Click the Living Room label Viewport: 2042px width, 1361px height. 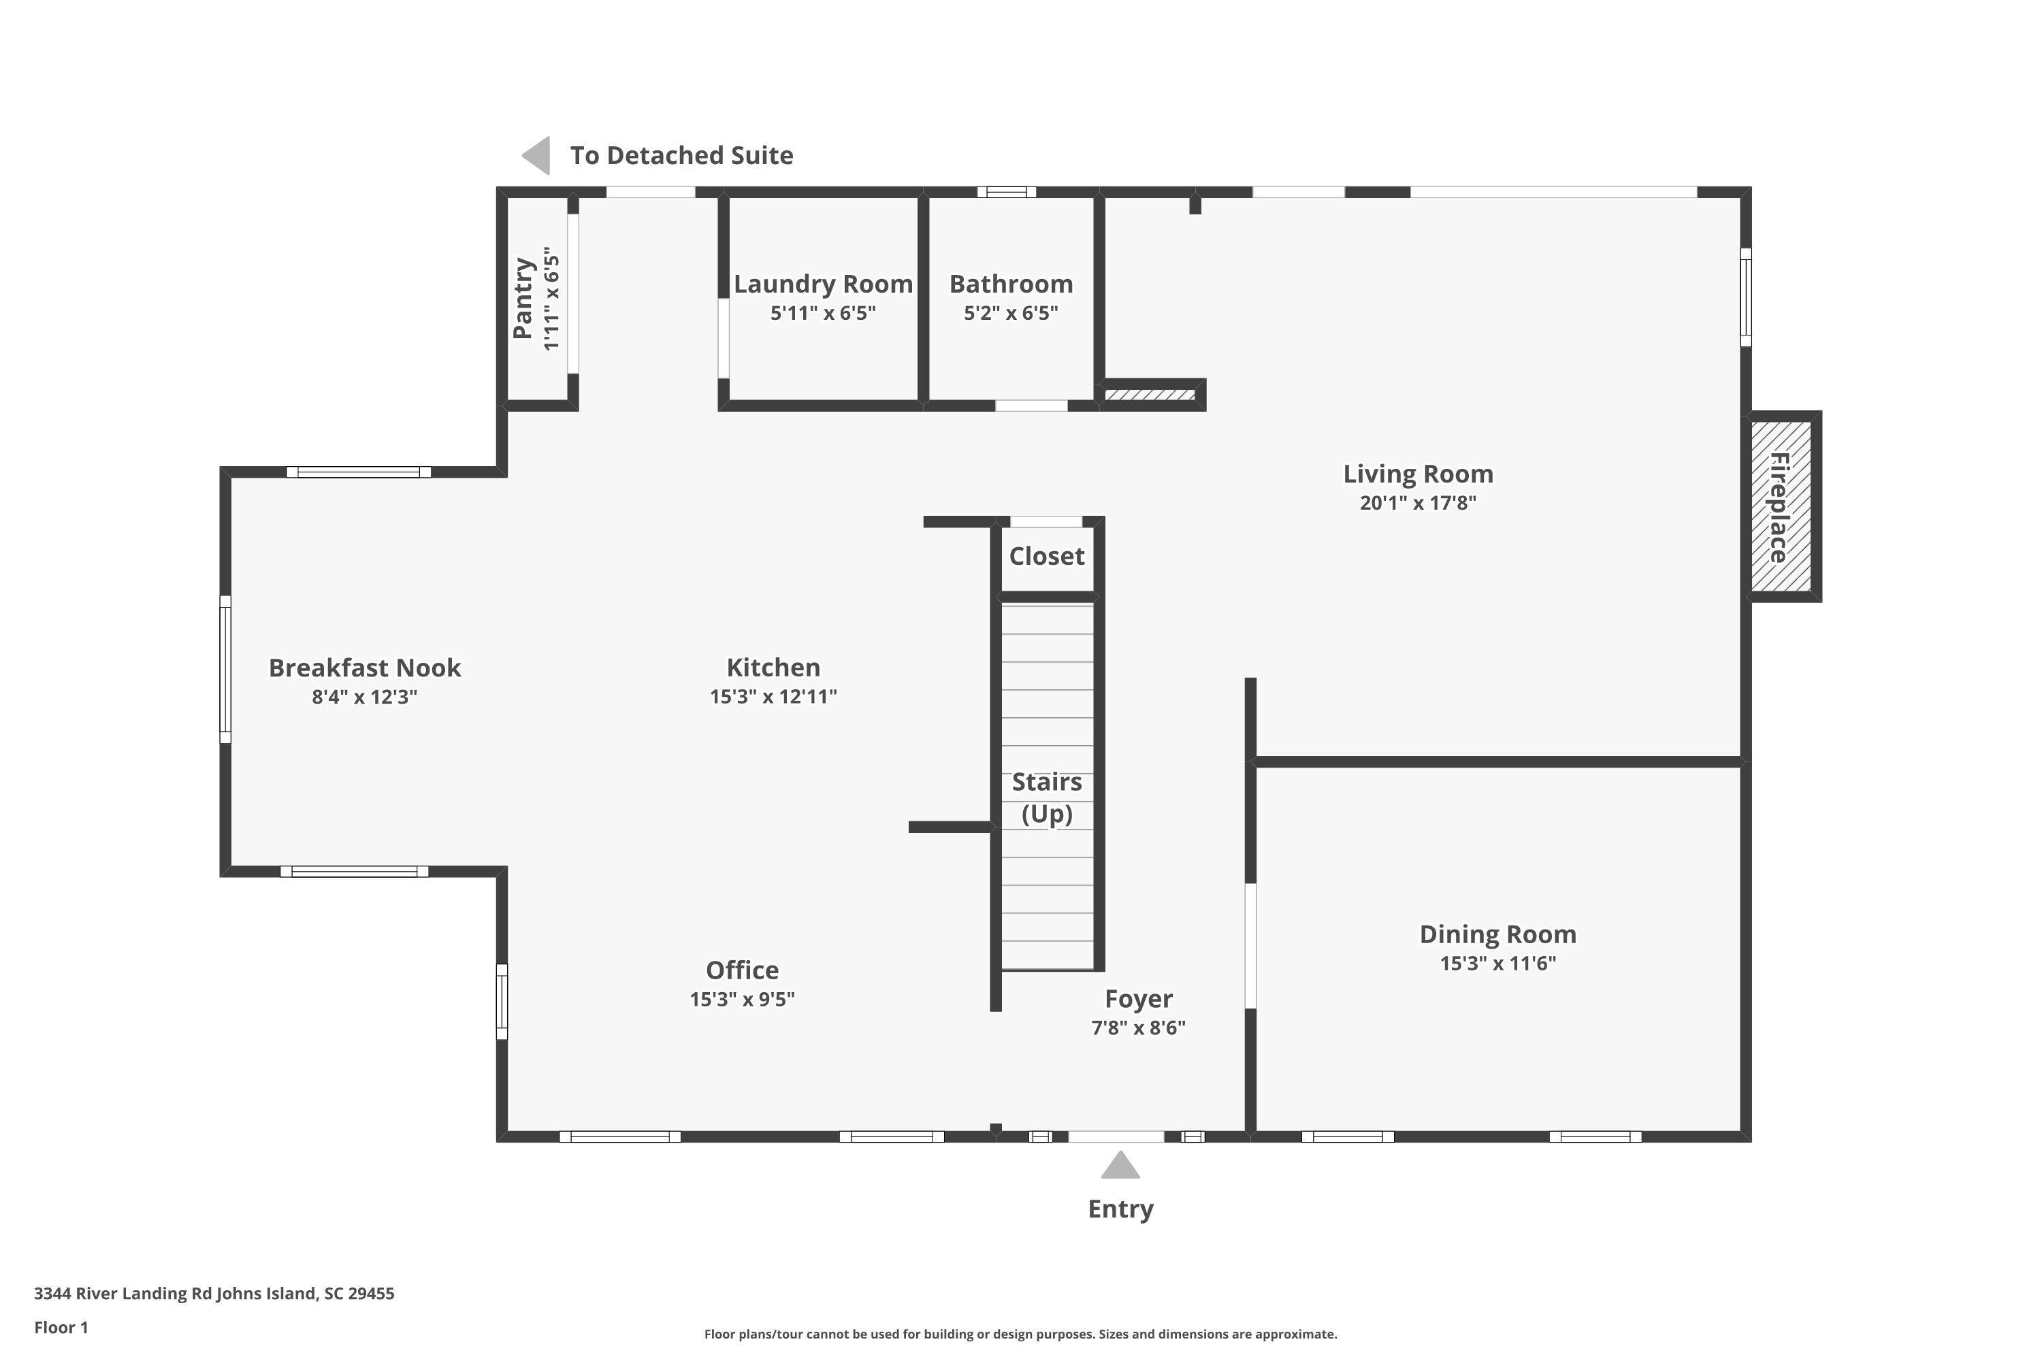(x=1418, y=474)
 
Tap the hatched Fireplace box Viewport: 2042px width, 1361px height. (x=1781, y=507)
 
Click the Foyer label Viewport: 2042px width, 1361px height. (x=1138, y=999)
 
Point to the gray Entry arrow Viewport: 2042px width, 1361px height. (x=1120, y=1166)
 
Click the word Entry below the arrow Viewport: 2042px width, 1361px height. (x=1120, y=1209)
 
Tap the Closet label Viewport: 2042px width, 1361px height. (x=1046, y=557)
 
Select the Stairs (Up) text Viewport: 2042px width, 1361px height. (x=1046, y=798)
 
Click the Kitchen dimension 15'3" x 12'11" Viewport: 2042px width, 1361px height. (x=773, y=696)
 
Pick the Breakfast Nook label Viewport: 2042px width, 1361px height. (x=365, y=668)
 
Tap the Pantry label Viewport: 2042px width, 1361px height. (x=523, y=299)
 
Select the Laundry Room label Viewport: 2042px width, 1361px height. (x=822, y=284)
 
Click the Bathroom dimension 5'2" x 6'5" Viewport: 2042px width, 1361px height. (x=1011, y=312)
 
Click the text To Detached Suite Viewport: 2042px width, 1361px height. (x=681, y=155)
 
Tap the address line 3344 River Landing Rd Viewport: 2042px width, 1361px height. (x=214, y=1294)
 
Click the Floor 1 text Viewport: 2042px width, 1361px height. (x=61, y=1327)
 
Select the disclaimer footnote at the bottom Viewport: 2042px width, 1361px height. (x=1020, y=1334)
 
